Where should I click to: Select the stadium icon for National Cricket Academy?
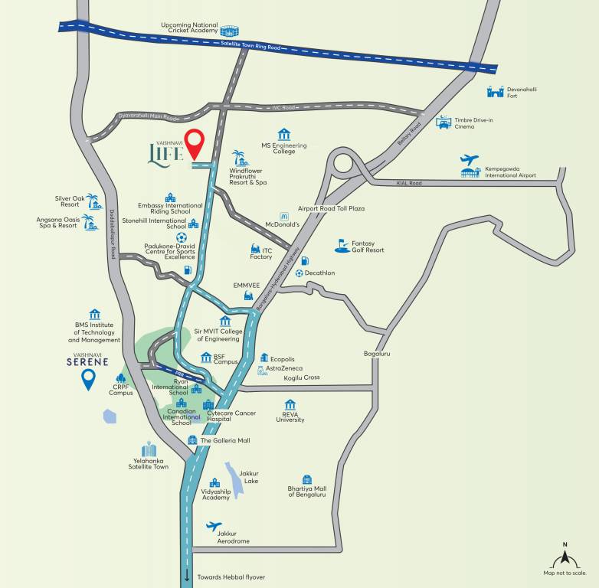pos(230,31)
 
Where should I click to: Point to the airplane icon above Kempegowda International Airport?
pos(470,159)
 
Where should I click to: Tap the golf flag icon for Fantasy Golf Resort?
pos(342,246)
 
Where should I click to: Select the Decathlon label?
pos(320,273)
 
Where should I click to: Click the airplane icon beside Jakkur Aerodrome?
pos(214,526)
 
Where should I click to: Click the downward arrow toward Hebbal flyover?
pos(186,576)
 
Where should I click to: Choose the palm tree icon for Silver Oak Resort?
pos(93,201)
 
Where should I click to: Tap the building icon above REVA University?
pos(290,404)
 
